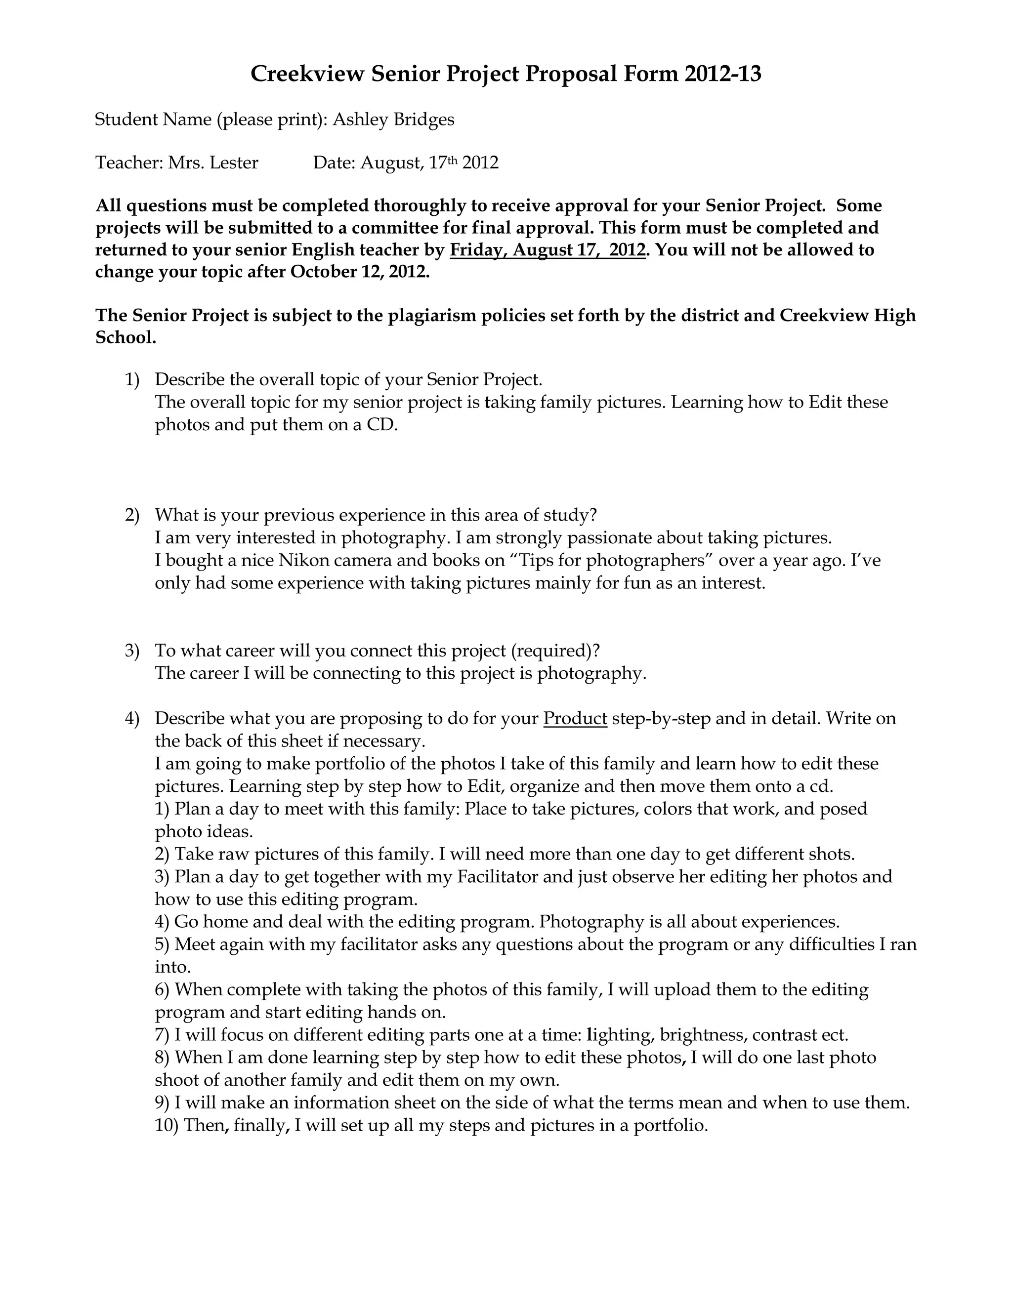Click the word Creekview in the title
[x=307, y=74]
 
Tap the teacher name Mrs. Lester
[x=213, y=163]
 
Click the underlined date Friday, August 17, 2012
[x=548, y=249]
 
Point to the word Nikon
[x=304, y=561]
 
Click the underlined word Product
[x=575, y=718]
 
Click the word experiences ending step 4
[x=791, y=921]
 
